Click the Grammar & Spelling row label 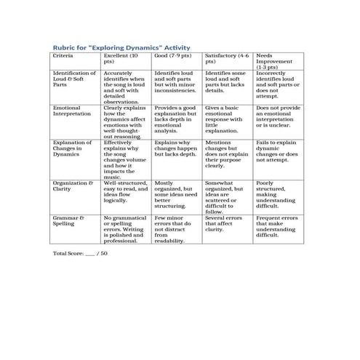(x=68, y=220)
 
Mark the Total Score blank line (x=90, y=254)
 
